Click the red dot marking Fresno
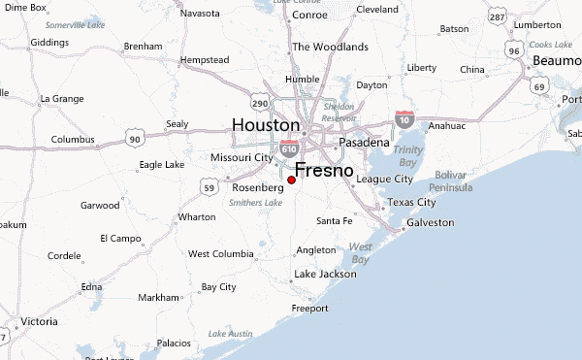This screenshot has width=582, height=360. (x=291, y=180)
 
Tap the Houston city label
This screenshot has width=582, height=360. (x=266, y=125)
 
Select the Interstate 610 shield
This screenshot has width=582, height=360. (x=289, y=148)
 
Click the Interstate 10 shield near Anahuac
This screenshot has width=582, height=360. (x=404, y=118)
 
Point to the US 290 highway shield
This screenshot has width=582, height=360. (x=258, y=102)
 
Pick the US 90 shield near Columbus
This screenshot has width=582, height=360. (x=135, y=140)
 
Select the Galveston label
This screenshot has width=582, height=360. (x=431, y=222)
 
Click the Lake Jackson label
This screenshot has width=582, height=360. (x=325, y=274)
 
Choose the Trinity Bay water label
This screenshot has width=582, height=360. (x=408, y=156)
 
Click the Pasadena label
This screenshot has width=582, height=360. (x=363, y=142)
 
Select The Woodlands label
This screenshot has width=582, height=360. (x=330, y=47)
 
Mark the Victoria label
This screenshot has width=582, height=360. (x=39, y=320)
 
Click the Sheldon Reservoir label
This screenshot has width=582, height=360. (x=339, y=112)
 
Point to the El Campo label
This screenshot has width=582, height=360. (x=120, y=237)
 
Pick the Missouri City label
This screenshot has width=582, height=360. (x=242, y=157)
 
